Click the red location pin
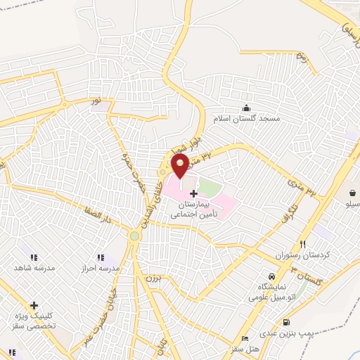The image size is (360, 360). [179, 165]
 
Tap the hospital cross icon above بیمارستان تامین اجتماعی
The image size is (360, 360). [193, 193]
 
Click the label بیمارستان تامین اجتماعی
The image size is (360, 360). [193, 209]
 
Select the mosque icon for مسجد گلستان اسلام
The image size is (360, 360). [246, 108]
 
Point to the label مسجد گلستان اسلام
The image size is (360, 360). [250, 118]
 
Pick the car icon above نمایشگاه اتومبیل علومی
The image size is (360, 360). [271, 275]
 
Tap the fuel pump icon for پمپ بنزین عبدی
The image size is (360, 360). [286, 323]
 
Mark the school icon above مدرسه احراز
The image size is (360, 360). [101, 257]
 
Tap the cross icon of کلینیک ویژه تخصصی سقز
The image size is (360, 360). [33, 305]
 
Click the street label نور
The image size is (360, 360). [96, 103]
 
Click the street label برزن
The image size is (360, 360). [153, 278]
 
